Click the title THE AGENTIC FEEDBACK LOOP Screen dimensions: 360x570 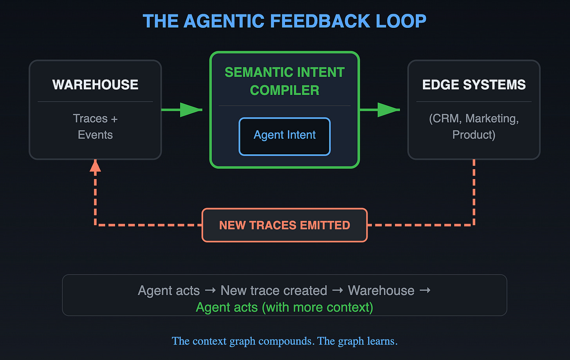(285, 21)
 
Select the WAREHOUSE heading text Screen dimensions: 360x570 (95, 85)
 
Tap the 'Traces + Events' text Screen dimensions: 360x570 (95, 127)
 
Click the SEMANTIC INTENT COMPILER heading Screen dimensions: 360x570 (285, 81)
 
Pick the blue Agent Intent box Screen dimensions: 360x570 (285, 136)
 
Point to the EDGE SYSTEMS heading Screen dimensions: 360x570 (474, 85)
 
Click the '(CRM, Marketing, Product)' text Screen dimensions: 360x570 (474, 127)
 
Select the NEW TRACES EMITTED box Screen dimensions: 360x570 (285, 225)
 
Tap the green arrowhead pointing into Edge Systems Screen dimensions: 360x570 (388, 110)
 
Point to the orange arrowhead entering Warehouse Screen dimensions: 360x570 (95, 166)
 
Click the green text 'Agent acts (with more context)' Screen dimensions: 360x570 (285, 308)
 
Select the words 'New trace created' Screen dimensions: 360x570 (274, 291)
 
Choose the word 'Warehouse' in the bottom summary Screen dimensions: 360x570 (381, 291)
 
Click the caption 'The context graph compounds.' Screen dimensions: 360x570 (243, 341)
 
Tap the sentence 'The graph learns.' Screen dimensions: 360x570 (357, 341)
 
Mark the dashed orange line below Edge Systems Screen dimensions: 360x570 (474, 192)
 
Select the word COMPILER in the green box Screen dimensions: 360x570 (285, 90)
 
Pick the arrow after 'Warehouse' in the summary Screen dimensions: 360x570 (425, 291)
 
